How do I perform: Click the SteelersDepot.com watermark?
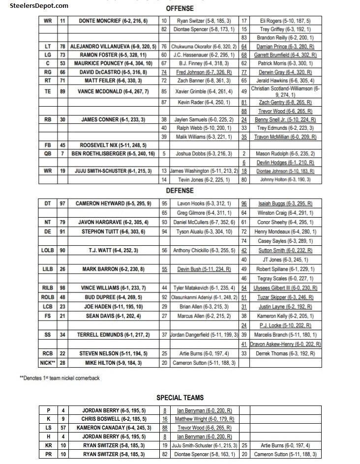[34, 6]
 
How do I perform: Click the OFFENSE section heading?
[180, 8]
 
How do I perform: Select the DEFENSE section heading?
[180, 190]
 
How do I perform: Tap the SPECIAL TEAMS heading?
[180, 398]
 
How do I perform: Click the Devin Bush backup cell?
[204, 269]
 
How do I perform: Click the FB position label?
[48, 145]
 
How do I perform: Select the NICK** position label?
[48, 363]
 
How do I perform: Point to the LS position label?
[48, 428]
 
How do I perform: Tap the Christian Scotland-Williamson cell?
[285, 91]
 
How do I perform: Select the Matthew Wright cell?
[204, 419]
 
